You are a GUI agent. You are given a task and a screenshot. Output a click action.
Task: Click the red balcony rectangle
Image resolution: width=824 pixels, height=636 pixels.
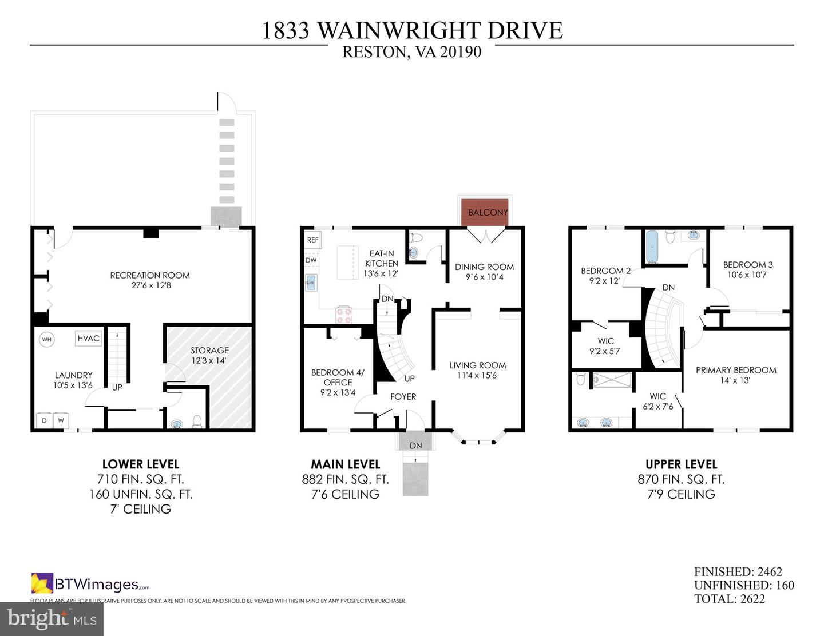pos(485,212)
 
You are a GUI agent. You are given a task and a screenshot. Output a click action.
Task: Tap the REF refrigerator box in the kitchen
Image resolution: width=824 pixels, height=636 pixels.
pos(312,240)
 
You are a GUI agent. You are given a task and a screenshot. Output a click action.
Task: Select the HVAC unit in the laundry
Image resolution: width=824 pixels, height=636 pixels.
pos(88,338)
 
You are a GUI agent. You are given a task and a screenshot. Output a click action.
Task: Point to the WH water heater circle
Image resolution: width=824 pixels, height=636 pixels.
pos(47,339)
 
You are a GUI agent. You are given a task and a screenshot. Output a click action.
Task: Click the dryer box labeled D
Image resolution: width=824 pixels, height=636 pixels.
pos(44,420)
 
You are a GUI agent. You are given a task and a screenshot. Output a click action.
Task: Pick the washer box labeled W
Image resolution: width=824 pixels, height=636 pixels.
pos(61,420)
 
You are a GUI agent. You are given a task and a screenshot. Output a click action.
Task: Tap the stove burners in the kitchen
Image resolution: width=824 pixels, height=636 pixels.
pos(344,315)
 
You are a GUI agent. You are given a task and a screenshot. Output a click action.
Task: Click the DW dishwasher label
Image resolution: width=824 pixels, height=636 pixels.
pos(311,260)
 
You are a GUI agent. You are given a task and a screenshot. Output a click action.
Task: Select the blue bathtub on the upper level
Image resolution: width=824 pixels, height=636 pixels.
pos(652,247)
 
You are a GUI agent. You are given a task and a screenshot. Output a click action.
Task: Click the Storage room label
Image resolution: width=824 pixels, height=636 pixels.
pos(209,350)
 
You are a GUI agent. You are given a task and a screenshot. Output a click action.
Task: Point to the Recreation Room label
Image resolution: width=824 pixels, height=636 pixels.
pos(150,275)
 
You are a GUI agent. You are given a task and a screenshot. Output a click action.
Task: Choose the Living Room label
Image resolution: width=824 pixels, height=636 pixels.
pos(478,365)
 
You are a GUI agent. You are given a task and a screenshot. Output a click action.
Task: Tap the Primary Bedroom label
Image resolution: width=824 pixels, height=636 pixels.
pos(736,370)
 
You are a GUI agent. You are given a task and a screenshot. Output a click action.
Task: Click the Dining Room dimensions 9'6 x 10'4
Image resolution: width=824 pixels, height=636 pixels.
pos(485,277)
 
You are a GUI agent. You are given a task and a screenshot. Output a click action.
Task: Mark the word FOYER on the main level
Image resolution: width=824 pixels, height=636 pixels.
pos(403,396)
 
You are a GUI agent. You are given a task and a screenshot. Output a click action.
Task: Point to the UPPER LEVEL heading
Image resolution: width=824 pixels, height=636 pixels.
pos(682,464)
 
